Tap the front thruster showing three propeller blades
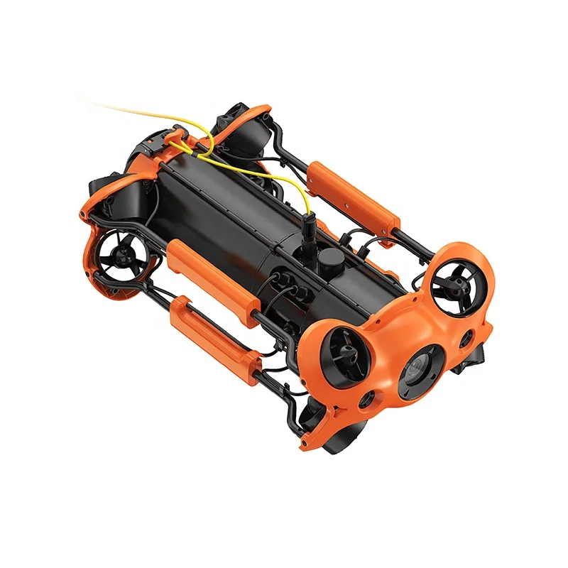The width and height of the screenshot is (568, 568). point(458,288)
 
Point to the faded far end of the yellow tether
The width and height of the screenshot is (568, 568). point(106,106)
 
